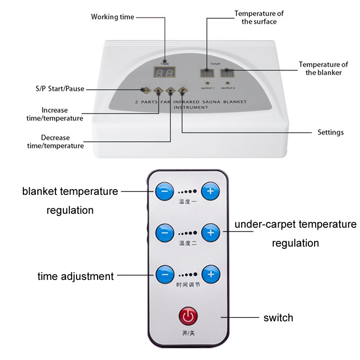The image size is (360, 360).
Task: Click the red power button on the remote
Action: [x=188, y=316]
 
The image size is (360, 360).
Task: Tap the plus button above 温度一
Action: [x=210, y=192]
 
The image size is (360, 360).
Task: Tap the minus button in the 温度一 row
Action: [x=165, y=192]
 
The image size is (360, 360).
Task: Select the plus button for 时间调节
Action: [x=210, y=274]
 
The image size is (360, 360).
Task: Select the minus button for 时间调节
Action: [x=165, y=274]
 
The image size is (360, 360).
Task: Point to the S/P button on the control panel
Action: [x=145, y=90]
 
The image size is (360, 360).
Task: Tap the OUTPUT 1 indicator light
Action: [x=207, y=83]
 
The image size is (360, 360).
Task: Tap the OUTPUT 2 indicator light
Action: [x=227, y=83]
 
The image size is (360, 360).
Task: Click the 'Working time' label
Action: [x=112, y=17]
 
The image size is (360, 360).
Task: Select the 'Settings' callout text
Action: [x=330, y=132]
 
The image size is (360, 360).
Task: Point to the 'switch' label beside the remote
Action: [x=278, y=318]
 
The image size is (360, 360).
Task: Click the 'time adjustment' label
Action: [x=76, y=276]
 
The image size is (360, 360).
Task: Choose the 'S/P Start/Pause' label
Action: [x=60, y=89]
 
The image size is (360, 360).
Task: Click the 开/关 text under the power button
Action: [x=188, y=333]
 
